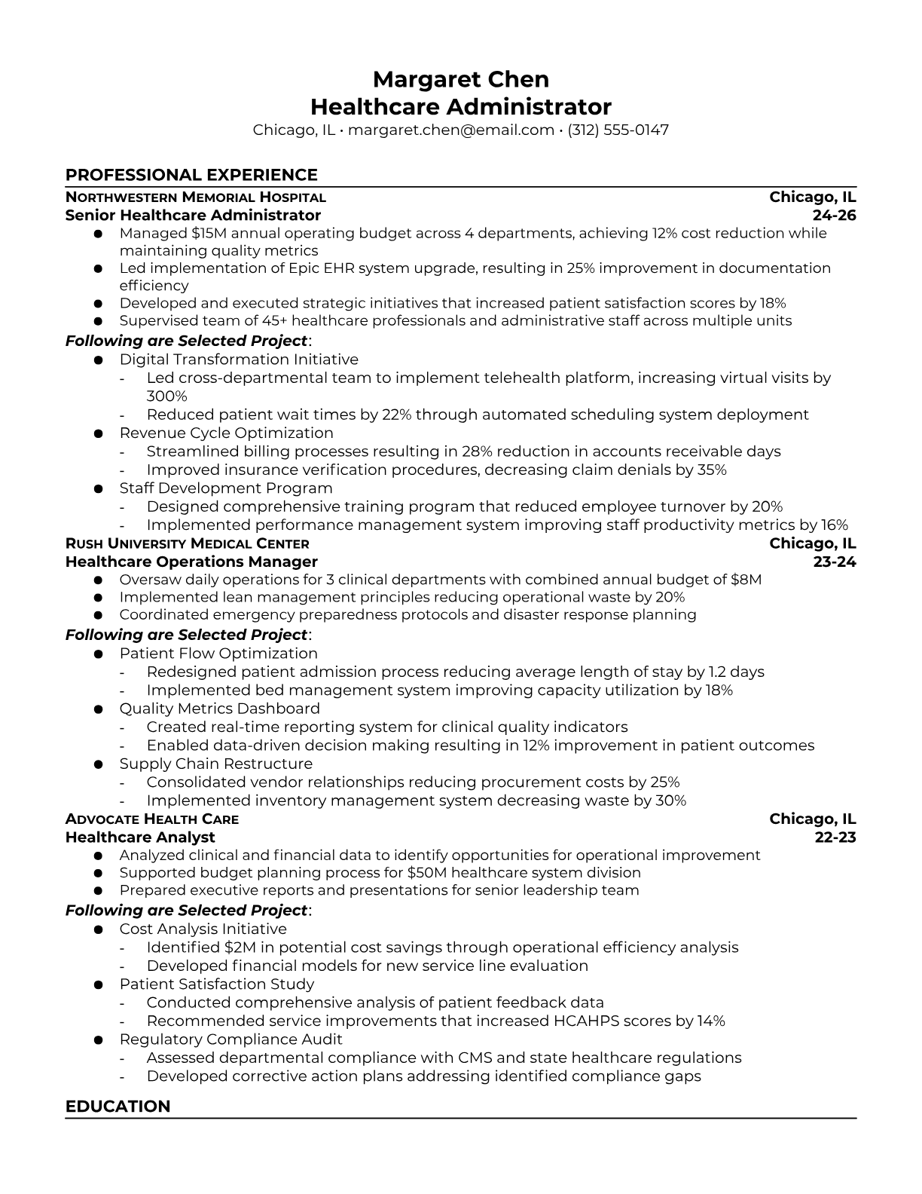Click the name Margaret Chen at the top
[x=460, y=79]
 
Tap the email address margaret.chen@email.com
[x=451, y=130]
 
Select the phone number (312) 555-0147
[x=618, y=130]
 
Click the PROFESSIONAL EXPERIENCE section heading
[x=191, y=175]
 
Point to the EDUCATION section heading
[x=118, y=1106]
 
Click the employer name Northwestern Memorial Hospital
[x=195, y=197]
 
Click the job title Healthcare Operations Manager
[x=191, y=562]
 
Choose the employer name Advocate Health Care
[x=151, y=819]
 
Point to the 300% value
[x=166, y=396]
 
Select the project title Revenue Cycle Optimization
[x=226, y=433]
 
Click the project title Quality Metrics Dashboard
[x=219, y=709]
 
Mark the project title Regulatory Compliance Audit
[x=230, y=1039]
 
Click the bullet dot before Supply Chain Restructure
[x=98, y=764]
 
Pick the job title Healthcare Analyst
[x=140, y=837]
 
